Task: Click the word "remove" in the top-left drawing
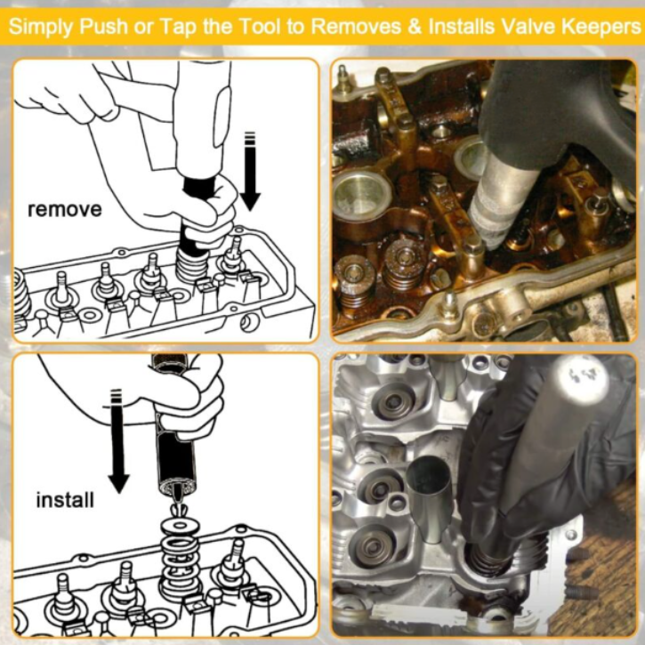pos(64,209)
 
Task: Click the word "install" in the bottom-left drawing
pos(65,500)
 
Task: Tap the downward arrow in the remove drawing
pos(250,171)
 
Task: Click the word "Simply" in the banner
pos(41,28)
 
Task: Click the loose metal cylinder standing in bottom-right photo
pos(429,497)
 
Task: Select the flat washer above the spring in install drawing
pos(181,525)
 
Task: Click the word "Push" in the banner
pos(104,27)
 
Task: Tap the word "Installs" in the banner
pos(462,26)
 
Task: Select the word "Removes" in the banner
pos(356,27)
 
